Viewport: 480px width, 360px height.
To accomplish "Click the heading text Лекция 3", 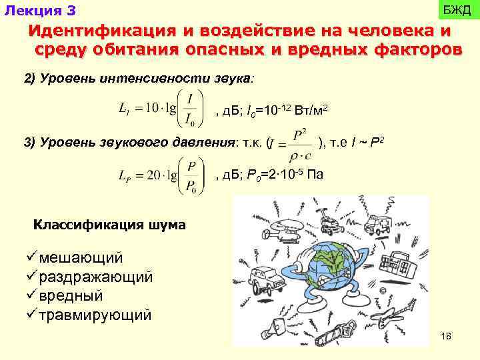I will click(x=40, y=11).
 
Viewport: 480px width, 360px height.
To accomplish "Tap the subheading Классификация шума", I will click(x=109, y=225).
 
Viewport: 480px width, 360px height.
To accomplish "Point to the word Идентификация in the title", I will click(x=93, y=32).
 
